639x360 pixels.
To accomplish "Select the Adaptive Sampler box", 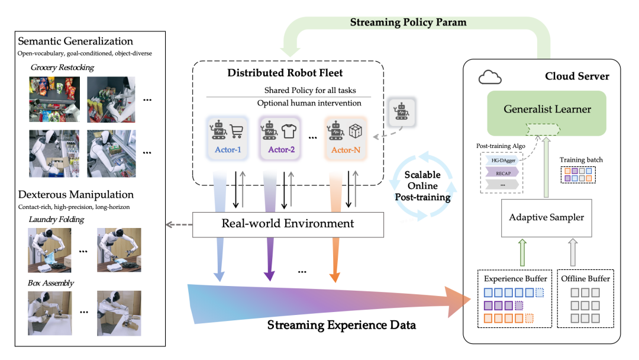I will click(546, 217).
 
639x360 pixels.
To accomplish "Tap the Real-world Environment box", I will click(288, 224).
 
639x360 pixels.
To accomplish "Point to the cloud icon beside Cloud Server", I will click(489, 76).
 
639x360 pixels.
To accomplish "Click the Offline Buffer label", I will click(585, 278).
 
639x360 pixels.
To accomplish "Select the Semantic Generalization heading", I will click(76, 41).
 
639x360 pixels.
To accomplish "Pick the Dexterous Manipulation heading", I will click(76, 194).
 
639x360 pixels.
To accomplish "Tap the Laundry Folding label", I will click(57, 220).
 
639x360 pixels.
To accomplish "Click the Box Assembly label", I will click(51, 283).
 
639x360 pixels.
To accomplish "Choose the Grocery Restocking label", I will click(63, 67).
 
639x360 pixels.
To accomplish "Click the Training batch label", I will click(581, 160).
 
